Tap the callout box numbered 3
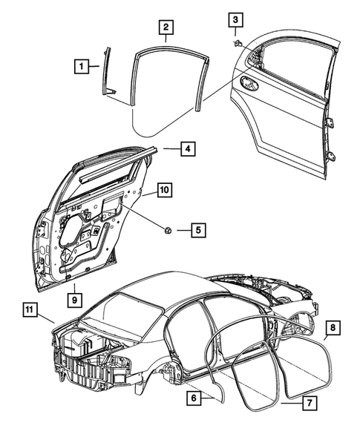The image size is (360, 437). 235,20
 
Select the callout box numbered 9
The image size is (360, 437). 74,299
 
